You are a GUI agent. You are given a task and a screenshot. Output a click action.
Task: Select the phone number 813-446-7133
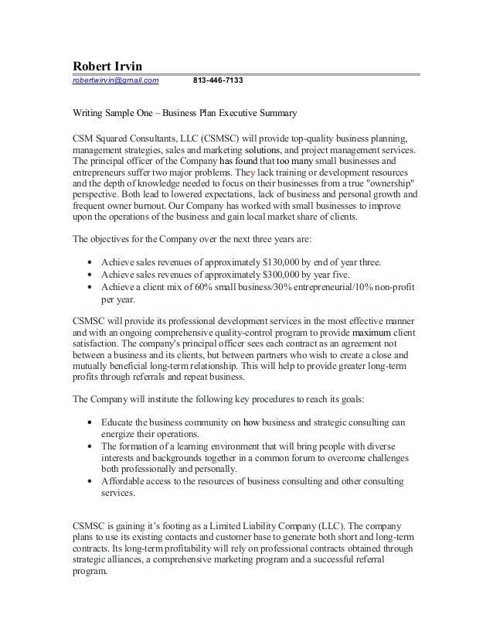(221, 80)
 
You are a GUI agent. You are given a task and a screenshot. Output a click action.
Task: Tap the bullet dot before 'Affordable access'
(92, 480)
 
